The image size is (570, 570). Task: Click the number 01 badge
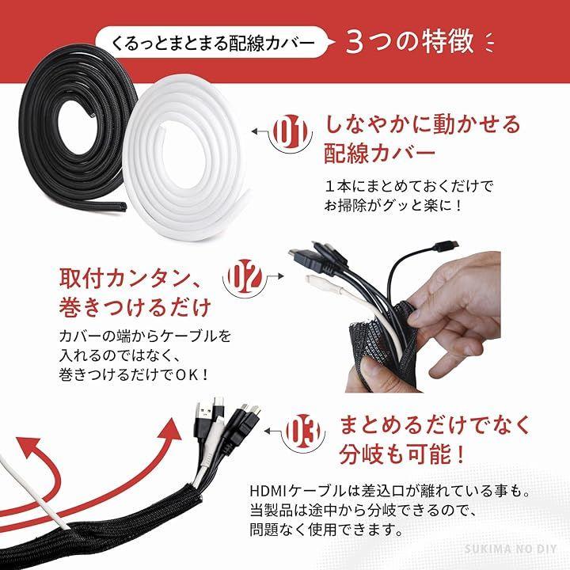click(x=291, y=132)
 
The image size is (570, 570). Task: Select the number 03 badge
click(x=303, y=432)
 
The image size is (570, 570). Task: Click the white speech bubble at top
click(x=215, y=42)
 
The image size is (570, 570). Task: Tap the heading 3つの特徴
click(x=410, y=41)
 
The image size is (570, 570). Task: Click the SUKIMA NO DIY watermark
click(x=511, y=549)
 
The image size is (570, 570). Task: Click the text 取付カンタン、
click(x=129, y=279)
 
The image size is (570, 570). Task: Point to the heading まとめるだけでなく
click(x=435, y=425)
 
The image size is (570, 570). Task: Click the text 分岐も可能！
click(x=402, y=454)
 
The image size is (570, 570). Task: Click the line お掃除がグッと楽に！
click(x=393, y=206)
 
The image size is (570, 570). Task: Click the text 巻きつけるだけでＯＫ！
click(x=134, y=374)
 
